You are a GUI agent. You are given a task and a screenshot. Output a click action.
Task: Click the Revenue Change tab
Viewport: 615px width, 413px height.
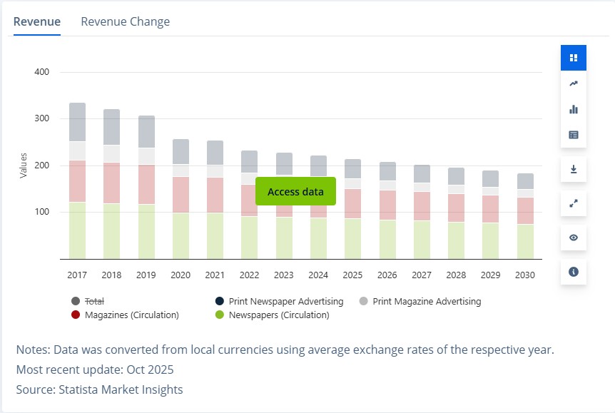[125, 21]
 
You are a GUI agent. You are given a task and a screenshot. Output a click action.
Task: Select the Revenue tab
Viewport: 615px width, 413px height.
[37, 21]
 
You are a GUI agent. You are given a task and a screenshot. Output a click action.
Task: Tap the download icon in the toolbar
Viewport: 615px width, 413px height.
[574, 169]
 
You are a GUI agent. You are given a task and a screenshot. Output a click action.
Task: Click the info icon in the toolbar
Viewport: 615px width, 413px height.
[574, 272]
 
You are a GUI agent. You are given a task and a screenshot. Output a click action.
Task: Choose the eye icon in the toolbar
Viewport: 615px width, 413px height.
[574, 238]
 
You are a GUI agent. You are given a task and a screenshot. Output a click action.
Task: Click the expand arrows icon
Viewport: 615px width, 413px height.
[574, 203]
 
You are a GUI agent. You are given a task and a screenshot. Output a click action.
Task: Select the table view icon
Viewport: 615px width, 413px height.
[574, 135]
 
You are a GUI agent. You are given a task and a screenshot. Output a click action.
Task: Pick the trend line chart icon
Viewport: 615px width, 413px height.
[574, 83]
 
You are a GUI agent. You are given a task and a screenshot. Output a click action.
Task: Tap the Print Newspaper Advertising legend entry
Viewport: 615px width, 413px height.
[285, 302]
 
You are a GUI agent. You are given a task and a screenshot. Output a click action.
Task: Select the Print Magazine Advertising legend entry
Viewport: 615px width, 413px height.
[426, 302]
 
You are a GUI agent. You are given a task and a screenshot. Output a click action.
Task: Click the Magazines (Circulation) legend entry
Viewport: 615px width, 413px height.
[131, 315]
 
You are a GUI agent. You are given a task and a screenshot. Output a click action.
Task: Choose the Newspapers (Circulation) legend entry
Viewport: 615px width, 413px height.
[278, 315]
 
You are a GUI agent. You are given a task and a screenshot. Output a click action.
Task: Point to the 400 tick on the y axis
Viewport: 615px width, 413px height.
[41, 72]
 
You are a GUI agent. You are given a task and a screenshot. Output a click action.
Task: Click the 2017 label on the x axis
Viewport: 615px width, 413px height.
[77, 275]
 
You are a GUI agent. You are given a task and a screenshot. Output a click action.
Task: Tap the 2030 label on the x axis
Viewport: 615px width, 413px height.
[525, 275]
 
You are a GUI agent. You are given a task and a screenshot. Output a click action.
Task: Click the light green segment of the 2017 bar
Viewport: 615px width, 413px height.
[77, 230]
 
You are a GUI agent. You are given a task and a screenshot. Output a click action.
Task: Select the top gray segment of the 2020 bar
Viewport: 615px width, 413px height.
[181, 151]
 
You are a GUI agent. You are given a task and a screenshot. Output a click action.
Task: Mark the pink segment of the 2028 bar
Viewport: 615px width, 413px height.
[456, 208]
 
